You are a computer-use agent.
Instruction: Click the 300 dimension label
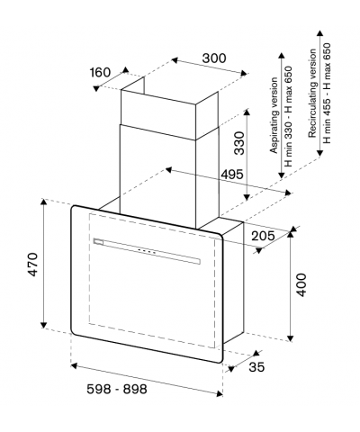tap(214, 58)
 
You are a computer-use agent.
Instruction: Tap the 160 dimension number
tap(100, 72)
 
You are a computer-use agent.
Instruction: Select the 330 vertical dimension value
tap(239, 143)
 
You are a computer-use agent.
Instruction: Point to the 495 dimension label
tap(231, 174)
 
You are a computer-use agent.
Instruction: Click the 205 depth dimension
tap(263, 236)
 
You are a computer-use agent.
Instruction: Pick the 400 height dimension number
tap(301, 284)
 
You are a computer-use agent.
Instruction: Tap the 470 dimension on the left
tap(32, 264)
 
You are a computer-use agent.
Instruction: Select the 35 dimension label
tap(256, 367)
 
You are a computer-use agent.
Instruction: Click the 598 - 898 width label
tap(117, 390)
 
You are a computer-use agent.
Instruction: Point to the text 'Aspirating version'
tap(274, 115)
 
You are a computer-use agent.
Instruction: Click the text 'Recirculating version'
tap(312, 94)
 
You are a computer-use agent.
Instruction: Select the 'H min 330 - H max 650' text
tap(288, 116)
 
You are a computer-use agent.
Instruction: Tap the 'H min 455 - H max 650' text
tap(327, 93)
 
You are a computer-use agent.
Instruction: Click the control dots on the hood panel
tap(147, 252)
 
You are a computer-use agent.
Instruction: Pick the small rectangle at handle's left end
tap(98, 241)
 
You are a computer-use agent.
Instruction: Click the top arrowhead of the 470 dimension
tap(44, 202)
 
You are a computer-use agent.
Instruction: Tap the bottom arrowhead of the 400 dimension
tap(290, 338)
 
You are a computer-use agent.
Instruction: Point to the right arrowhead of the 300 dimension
tap(243, 73)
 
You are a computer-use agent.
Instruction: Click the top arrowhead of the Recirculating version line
tap(319, 33)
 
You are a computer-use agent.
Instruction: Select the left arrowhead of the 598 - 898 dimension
tap(75, 365)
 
